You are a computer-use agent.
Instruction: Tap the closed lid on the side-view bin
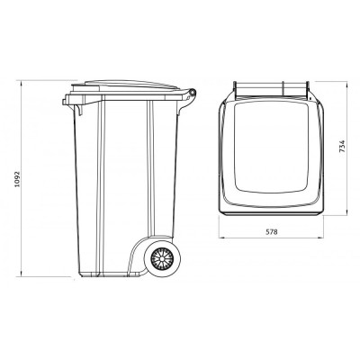[x=130, y=85]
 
